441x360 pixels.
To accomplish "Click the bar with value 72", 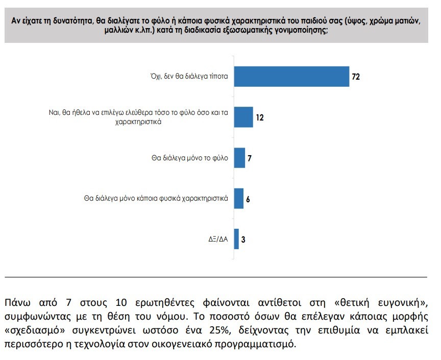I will pyautogui.click(x=291, y=77).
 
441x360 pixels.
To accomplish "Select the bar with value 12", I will pyautogui.click(x=243, y=117).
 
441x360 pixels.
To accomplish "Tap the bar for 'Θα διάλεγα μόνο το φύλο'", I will pyautogui.click(x=239, y=158).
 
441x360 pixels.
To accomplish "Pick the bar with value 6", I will pyautogui.click(x=238, y=198).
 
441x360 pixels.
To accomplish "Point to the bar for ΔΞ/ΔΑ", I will pyautogui.click(x=236, y=239).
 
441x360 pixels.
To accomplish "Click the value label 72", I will pyautogui.click(x=356, y=77).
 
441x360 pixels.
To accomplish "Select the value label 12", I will pyautogui.click(x=260, y=117).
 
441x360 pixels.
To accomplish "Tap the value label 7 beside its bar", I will pyautogui.click(x=250, y=158).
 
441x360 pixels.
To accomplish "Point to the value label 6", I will pyautogui.click(x=248, y=199).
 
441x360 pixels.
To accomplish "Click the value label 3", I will pyautogui.click(x=243, y=239).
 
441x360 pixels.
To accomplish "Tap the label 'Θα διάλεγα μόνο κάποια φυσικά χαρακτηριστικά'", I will pyautogui.click(x=155, y=198).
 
